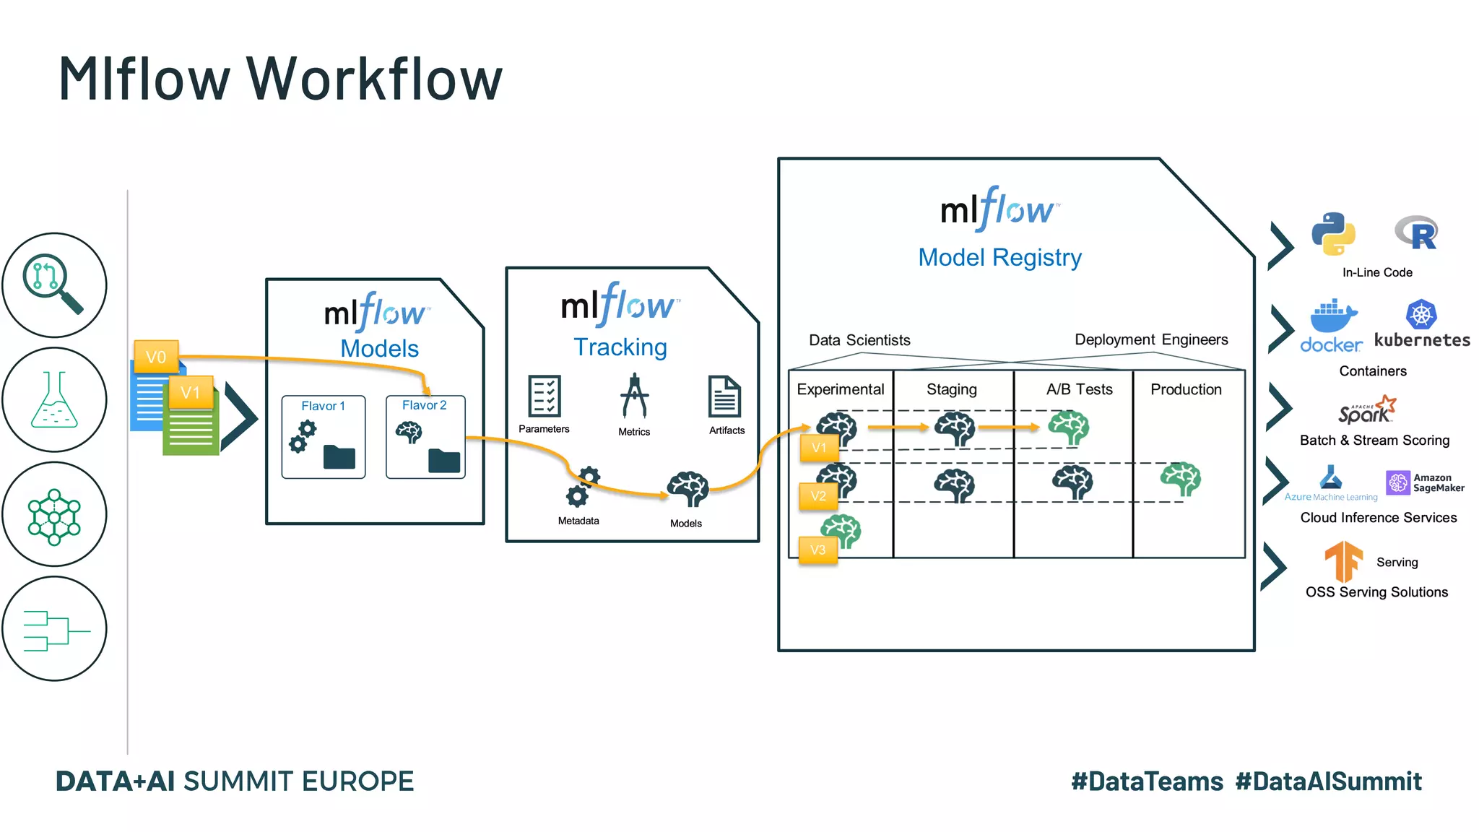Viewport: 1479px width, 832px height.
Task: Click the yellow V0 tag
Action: pyautogui.click(x=156, y=357)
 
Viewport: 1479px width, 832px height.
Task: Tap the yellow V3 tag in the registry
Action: pyautogui.click(x=817, y=550)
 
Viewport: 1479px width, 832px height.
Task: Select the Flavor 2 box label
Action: pyautogui.click(x=424, y=405)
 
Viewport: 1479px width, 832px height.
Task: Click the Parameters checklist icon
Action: pyautogui.click(x=544, y=396)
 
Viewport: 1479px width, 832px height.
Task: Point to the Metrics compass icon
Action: pyautogui.click(x=634, y=396)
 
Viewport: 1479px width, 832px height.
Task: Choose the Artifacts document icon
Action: pyautogui.click(x=724, y=396)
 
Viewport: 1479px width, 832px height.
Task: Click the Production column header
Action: pyautogui.click(x=1186, y=389)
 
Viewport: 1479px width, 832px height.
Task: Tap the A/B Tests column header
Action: pyautogui.click(x=1079, y=389)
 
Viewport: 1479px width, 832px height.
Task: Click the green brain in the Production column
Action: pyautogui.click(x=1181, y=479)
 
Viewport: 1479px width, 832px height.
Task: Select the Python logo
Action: pyautogui.click(x=1333, y=233)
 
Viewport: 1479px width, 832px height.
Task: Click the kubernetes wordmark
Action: pyautogui.click(x=1422, y=340)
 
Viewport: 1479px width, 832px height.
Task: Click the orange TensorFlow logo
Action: pyautogui.click(x=1343, y=561)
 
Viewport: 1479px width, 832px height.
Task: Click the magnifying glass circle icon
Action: pyautogui.click(x=54, y=285)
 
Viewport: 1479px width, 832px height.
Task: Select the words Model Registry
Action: pyautogui.click(x=999, y=257)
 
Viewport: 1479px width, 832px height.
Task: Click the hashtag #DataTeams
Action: pyautogui.click(x=1147, y=781)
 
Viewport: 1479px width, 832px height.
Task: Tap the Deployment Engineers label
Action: pyautogui.click(x=1151, y=339)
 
